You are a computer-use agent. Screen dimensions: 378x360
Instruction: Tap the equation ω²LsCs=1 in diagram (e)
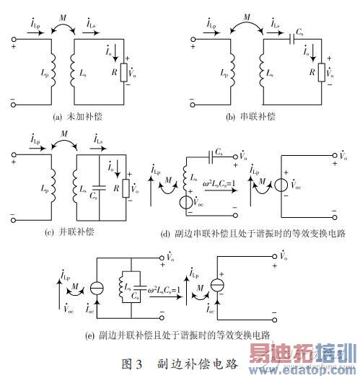point(167,290)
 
